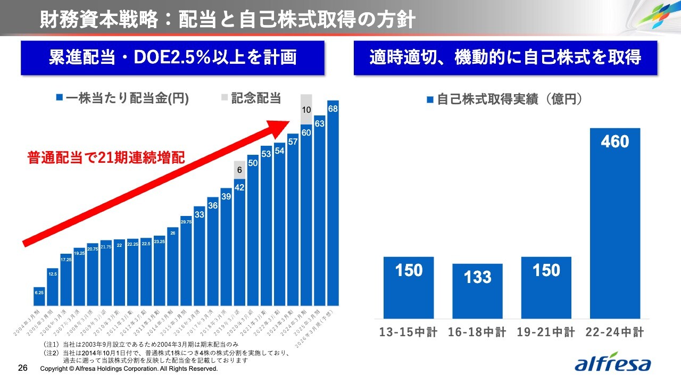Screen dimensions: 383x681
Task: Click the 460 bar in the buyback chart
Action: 614,223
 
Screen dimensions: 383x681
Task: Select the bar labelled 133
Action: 477,291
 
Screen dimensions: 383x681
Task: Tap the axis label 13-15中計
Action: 408,333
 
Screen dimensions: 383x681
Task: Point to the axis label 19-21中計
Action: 546,333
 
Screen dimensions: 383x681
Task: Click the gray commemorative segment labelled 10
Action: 306,110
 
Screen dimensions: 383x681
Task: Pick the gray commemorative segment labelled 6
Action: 239,170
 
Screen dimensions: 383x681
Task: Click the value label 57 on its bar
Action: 293,142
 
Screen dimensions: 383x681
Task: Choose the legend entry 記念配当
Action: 251,98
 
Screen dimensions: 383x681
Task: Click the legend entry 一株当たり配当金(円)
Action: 122,98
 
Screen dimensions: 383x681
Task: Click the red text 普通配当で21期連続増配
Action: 106,158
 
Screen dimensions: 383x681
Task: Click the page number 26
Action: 23,368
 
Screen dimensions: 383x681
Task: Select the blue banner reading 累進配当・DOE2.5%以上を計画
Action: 173,57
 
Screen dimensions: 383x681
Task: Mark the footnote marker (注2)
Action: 52,352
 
